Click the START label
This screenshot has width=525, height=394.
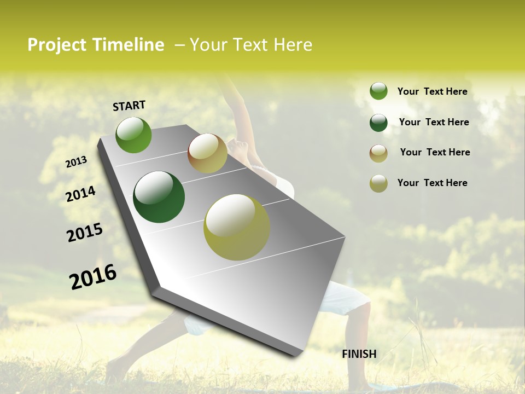click(129, 106)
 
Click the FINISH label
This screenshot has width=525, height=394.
click(359, 354)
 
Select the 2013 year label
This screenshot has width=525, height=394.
click(77, 162)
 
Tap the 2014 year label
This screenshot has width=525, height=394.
click(81, 194)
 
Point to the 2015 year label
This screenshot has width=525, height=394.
click(85, 233)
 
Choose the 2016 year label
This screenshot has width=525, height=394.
click(93, 276)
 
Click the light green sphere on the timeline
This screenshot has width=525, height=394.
click(133, 135)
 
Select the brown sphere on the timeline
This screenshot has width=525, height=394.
click(207, 153)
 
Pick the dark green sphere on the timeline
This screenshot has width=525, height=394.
click(159, 197)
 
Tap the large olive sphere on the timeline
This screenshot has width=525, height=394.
click(237, 227)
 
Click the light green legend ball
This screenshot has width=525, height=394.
click(378, 91)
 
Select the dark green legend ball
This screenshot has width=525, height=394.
click(378, 123)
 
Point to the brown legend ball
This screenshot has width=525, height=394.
click(378, 153)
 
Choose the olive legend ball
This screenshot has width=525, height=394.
click(378, 183)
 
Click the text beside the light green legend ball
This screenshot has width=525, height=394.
click(432, 91)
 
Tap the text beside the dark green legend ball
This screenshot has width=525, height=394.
click(434, 122)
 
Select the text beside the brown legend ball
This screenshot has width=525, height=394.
click(435, 152)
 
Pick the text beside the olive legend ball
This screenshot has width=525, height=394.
click(432, 183)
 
